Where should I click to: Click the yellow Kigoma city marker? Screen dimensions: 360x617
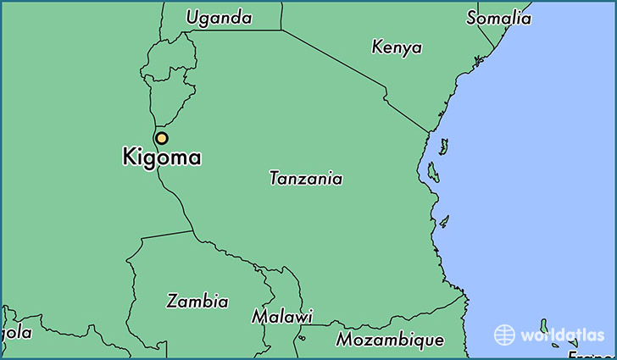click(x=161, y=138)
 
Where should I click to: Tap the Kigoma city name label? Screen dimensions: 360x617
click(x=162, y=158)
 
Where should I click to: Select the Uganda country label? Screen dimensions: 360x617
click(x=219, y=17)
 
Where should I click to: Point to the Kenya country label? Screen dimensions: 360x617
click(x=397, y=47)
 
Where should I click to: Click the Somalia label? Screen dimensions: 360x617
click(x=499, y=17)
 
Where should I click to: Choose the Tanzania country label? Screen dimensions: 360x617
click(x=306, y=179)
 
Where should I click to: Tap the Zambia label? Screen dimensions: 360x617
click(x=197, y=301)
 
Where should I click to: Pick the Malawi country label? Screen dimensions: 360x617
click(x=281, y=316)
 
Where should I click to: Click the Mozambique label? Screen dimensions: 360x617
click(x=390, y=340)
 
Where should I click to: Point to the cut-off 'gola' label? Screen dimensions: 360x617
click(x=17, y=333)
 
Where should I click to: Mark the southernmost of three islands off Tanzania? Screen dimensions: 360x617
click(x=443, y=221)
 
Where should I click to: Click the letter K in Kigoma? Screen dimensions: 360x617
click(x=130, y=158)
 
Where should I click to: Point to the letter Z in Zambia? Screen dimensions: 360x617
click(x=173, y=301)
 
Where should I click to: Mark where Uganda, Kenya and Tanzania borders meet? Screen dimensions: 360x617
click(x=281, y=30)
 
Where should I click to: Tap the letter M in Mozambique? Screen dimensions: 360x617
click(x=344, y=340)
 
